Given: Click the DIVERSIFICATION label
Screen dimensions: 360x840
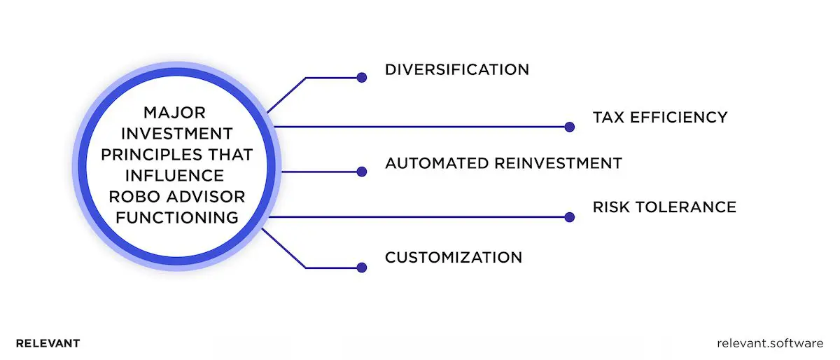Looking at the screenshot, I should click(x=456, y=70).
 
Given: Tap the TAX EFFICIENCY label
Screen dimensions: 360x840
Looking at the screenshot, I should click(x=660, y=117).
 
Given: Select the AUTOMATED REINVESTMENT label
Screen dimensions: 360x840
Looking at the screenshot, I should click(x=503, y=163).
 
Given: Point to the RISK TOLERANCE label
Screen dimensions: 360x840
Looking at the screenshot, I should click(x=664, y=207).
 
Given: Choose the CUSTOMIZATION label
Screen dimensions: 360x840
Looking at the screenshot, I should click(x=454, y=257).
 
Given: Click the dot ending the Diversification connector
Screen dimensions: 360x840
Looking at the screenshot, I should click(x=362, y=78).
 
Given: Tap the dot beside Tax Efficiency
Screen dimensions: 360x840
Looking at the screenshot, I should click(x=569, y=127).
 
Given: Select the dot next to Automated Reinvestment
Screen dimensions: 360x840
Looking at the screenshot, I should click(x=362, y=172).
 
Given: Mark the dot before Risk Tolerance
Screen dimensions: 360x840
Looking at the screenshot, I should click(x=569, y=217).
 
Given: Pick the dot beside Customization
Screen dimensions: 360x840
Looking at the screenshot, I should click(x=362, y=267).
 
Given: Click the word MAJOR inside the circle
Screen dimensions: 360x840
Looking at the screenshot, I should click(x=176, y=112).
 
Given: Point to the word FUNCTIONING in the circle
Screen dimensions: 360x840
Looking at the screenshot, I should click(x=176, y=217).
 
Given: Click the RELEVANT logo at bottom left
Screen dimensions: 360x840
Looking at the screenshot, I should click(x=48, y=344).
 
